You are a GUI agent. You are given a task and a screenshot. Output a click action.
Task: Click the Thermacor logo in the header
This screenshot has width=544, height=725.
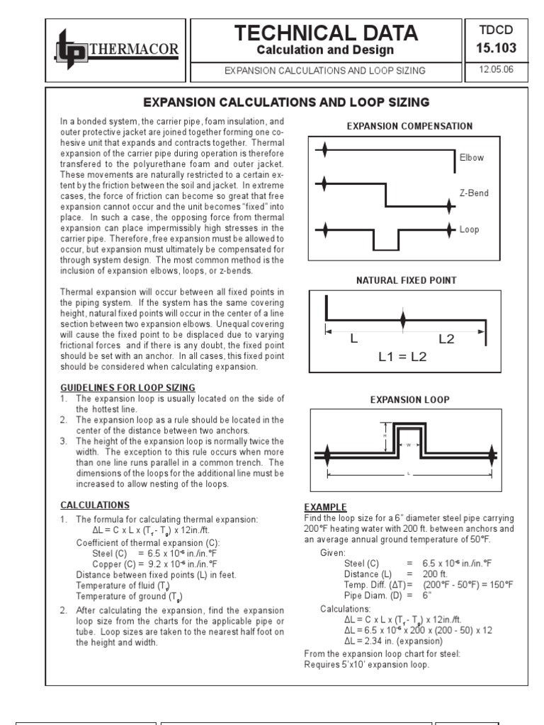coord(117,49)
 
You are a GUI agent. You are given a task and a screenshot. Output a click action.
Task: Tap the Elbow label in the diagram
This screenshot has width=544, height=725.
coord(472,158)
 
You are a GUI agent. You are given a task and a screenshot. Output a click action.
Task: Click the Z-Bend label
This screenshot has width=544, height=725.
coord(474,193)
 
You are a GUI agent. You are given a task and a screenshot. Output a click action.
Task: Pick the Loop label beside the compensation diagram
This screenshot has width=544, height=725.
coord(470,229)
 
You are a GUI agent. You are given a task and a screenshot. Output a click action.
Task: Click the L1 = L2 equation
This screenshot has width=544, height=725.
coord(402,356)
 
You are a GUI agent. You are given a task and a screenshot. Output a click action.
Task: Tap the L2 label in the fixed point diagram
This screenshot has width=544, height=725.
coord(446,339)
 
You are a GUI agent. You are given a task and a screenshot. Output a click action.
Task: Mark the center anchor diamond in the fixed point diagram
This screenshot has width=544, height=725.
coord(403,320)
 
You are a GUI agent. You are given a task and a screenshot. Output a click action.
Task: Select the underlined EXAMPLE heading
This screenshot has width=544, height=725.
coord(325,507)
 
